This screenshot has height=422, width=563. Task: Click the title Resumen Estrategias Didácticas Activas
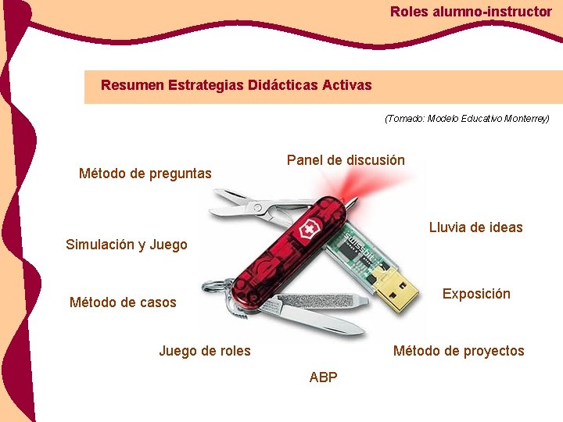coord(236,84)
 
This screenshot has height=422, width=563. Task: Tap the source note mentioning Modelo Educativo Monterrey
coord(467,119)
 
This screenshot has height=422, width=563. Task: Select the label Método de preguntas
coord(145,173)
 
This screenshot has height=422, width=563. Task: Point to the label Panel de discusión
coord(346,160)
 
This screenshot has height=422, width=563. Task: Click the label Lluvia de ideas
coord(475,227)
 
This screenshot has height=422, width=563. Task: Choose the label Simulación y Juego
coord(127,245)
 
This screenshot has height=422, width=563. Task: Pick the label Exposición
coord(476,294)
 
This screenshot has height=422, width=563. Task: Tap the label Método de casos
coord(123,302)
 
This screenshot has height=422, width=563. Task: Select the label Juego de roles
coord(205,351)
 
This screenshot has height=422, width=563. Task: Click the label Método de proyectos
coord(458,351)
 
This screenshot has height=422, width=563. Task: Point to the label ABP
coord(324,377)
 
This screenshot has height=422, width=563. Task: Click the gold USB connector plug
coord(403,286)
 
